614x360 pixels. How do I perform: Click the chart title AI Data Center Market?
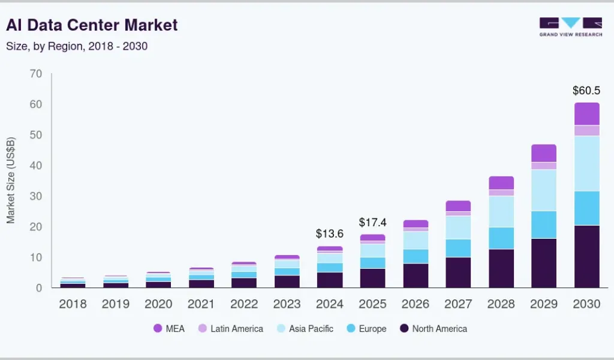(92, 25)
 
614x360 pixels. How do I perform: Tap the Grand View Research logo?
(570, 27)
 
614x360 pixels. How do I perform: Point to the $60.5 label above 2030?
(586, 91)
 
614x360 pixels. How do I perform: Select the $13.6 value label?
(330, 234)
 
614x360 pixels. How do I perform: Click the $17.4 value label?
(372, 222)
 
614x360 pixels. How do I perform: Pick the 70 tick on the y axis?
(35, 74)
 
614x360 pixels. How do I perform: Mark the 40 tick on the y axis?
(35, 166)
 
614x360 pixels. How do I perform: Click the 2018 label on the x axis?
(73, 304)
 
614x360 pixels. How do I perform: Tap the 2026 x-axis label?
(416, 304)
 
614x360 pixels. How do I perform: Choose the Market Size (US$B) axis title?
(11, 180)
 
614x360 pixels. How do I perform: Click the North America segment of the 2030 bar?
(586, 256)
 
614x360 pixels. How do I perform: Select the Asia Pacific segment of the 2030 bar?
(586, 163)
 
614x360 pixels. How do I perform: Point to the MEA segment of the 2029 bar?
(544, 153)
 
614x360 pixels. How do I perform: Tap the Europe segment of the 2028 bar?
(501, 238)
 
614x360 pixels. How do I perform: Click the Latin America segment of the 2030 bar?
(586, 130)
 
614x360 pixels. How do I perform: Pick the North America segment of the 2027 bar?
(458, 272)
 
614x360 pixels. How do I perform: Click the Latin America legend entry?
(231, 328)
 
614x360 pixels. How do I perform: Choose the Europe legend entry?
(367, 328)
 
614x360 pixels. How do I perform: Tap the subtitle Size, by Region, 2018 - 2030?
(77, 46)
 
